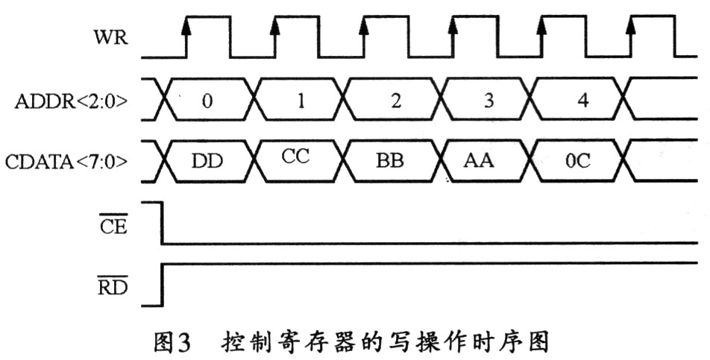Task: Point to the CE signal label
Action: click(x=113, y=224)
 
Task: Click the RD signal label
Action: click(x=112, y=285)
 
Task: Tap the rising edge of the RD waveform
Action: click(x=163, y=283)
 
